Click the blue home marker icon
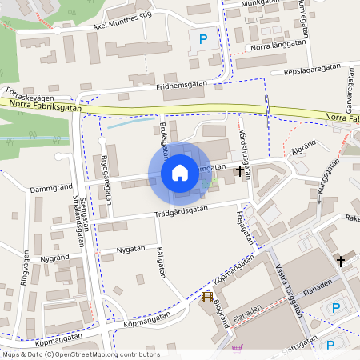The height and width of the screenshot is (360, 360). [x=179, y=172]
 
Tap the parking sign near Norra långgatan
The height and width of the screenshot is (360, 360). [x=202, y=38]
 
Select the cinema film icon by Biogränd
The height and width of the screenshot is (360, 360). [x=207, y=298]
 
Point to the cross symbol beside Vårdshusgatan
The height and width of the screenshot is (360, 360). [x=239, y=170]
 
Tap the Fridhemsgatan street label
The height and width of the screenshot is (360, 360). [x=182, y=82]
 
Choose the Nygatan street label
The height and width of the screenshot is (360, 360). [x=131, y=249]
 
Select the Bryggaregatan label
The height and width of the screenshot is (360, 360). [x=106, y=181]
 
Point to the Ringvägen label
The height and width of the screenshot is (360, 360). [x=25, y=272]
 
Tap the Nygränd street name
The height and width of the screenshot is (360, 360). [x=55, y=258]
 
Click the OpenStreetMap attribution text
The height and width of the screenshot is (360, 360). [x=81, y=354]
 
